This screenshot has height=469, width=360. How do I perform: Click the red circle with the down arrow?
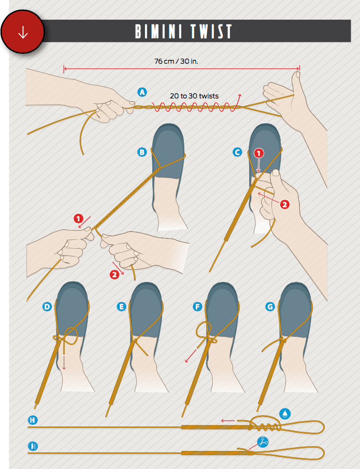point(23,32)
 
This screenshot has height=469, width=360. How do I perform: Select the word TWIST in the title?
point(212,32)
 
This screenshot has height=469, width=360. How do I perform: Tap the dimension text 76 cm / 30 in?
point(176,61)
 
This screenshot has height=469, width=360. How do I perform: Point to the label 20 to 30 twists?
point(194,96)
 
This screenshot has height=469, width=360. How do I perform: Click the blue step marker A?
point(142,92)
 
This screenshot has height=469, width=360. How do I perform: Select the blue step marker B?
point(142,152)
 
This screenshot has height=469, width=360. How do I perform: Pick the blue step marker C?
point(237,152)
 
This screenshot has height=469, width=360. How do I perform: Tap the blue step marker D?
point(47,307)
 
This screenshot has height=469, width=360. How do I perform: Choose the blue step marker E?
point(121,307)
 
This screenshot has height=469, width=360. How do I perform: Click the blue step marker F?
point(197,307)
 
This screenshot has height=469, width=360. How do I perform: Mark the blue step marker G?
point(270,307)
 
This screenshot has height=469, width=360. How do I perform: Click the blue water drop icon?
point(285,414)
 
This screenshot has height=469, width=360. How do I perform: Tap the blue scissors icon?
point(263,442)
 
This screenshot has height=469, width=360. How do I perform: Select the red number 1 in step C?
point(259,153)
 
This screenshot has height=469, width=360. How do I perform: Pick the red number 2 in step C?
point(284,205)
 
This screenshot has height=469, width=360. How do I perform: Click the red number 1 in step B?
point(78,219)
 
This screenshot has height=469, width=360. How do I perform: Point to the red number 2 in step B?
point(114,275)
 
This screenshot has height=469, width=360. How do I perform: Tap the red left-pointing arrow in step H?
point(228,421)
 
